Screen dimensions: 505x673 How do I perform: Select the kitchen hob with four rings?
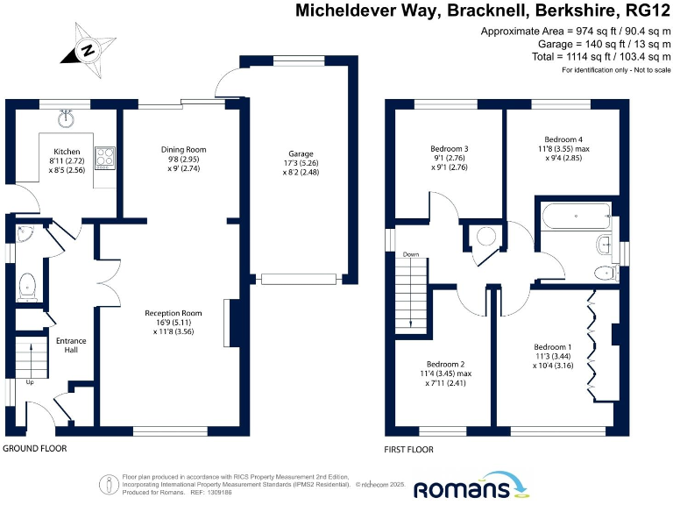(x=106, y=158)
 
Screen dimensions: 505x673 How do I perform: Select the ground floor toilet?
(x=27, y=284)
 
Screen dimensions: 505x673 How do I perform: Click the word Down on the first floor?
(x=410, y=255)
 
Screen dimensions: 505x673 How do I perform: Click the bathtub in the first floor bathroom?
(x=574, y=215)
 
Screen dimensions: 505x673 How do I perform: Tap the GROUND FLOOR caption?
(x=34, y=448)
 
